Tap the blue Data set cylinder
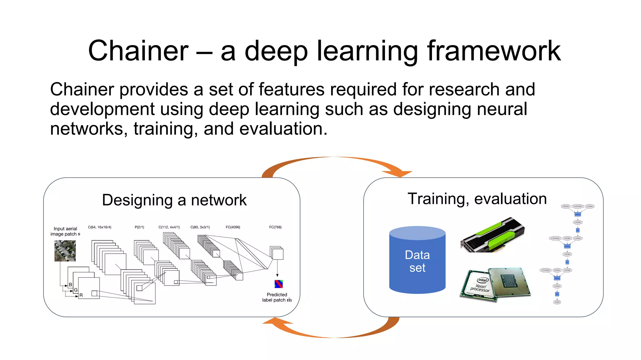(417, 261)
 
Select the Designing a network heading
(174, 200)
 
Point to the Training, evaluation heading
(477, 199)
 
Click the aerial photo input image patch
(65, 251)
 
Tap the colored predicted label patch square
(279, 284)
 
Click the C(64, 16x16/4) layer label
(100, 227)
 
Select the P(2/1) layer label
(139, 227)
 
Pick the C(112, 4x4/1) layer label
(169, 227)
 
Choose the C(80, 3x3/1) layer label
(200, 227)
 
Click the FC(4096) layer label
(233, 227)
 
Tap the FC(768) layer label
(275, 227)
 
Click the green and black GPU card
(493, 235)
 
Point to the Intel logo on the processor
(482, 280)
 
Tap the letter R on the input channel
(81, 295)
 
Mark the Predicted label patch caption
(277, 297)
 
